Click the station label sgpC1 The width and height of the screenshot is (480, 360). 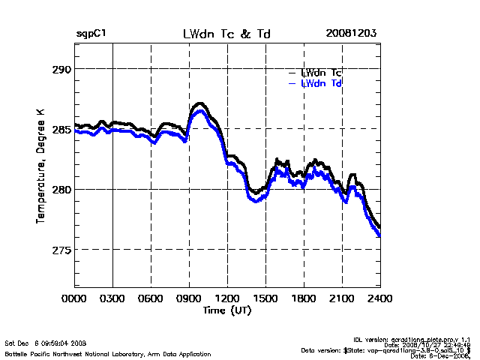91,34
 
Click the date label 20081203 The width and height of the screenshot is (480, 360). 350,34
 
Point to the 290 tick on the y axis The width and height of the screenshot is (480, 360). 61,69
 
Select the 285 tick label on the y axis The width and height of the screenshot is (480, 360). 61,129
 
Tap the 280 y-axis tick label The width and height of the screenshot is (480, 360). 61,189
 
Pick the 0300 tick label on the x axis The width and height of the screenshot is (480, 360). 113,299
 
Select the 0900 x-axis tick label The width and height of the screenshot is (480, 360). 190,299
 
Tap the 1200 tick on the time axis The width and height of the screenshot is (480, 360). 228,299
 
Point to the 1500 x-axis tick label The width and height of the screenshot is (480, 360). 266,299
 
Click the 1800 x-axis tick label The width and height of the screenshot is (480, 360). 304,299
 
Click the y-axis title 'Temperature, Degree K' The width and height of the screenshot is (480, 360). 40,165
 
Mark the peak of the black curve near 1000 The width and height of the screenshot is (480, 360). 199,103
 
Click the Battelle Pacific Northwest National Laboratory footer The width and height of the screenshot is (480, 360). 108,353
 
